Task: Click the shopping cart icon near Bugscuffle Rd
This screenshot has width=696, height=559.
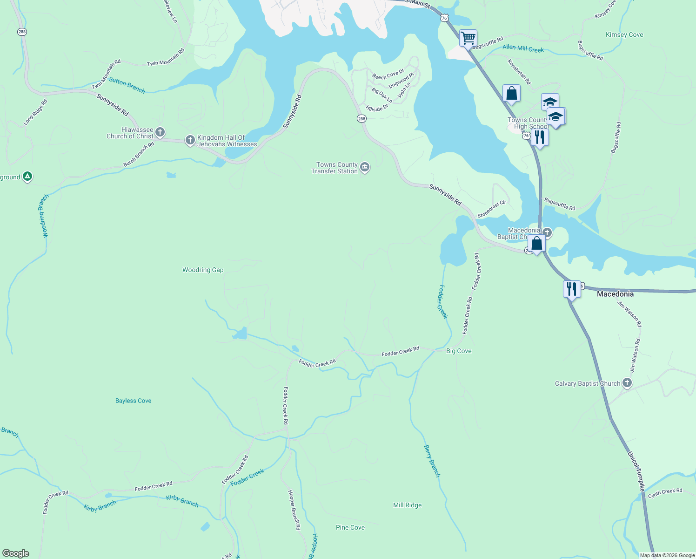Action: pyautogui.click(x=468, y=38)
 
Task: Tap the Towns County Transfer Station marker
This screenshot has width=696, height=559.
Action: pyautogui.click(x=365, y=167)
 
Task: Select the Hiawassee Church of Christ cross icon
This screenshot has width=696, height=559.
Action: pyautogui.click(x=160, y=132)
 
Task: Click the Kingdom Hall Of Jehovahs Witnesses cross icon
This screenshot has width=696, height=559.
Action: pyautogui.click(x=190, y=140)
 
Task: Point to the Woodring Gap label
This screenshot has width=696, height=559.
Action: pyautogui.click(x=203, y=270)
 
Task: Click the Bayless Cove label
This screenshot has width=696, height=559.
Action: pyautogui.click(x=134, y=401)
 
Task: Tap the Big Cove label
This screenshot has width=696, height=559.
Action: pyautogui.click(x=459, y=351)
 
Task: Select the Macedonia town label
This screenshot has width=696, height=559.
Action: pyautogui.click(x=615, y=294)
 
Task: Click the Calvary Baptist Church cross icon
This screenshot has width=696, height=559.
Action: pyautogui.click(x=627, y=383)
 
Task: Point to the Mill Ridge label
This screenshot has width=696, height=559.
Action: pyautogui.click(x=408, y=505)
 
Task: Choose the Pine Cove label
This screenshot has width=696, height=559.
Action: pyautogui.click(x=350, y=527)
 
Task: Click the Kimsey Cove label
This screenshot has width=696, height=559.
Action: pyautogui.click(x=624, y=35)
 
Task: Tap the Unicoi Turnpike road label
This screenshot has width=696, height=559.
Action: pyautogui.click(x=636, y=471)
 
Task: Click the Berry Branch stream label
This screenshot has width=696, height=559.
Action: pyautogui.click(x=432, y=461)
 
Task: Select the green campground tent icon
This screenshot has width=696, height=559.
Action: pyautogui.click(x=27, y=177)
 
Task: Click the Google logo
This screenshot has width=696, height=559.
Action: pyautogui.click(x=15, y=553)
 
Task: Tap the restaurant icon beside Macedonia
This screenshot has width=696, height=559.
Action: pyautogui.click(x=571, y=289)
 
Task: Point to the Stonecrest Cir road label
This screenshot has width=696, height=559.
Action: pyautogui.click(x=492, y=209)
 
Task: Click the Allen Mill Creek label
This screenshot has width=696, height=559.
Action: pyautogui.click(x=523, y=48)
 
